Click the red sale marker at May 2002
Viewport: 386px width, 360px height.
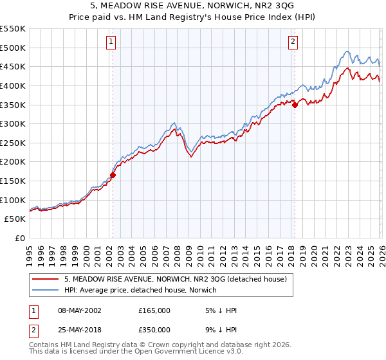(x=113, y=174)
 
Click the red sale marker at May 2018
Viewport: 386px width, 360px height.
(x=295, y=105)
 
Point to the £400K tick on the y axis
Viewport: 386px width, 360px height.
(x=14, y=85)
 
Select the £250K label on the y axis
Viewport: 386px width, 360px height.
(x=14, y=143)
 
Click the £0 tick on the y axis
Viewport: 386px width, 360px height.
(x=21, y=238)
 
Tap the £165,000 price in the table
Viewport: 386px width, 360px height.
(x=154, y=310)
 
